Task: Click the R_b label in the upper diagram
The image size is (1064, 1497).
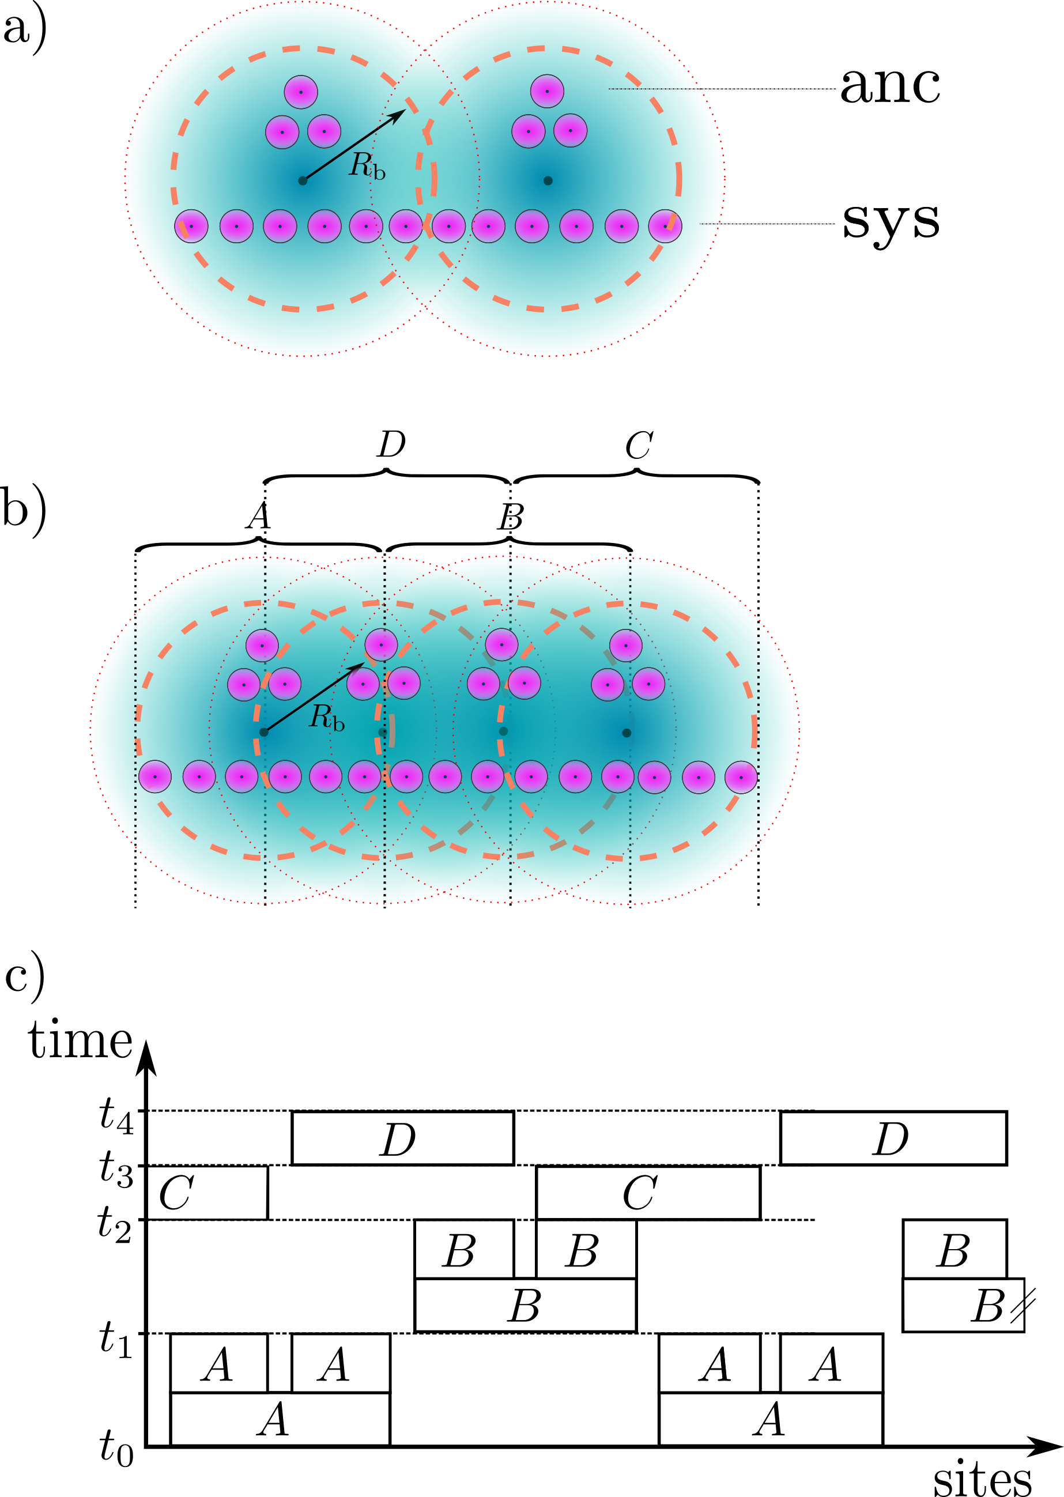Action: (367, 166)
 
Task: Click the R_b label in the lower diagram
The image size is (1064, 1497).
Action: (326, 718)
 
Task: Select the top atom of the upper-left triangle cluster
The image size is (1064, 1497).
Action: (301, 92)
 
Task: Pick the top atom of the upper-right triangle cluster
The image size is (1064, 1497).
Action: (547, 91)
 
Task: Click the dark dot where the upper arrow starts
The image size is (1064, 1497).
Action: (303, 181)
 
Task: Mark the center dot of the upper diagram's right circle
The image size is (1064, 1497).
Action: (548, 181)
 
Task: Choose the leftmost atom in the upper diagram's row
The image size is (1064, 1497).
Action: (191, 226)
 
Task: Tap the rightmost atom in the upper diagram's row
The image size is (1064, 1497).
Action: (665, 226)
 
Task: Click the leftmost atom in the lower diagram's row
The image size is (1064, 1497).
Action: (154, 777)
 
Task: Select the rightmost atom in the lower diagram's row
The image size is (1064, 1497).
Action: (741, 778)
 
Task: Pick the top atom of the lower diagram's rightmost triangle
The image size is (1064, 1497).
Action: (626, 645)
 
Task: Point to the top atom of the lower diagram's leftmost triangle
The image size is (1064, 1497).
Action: (262, 645)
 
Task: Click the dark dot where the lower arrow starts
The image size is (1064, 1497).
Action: (263, 732)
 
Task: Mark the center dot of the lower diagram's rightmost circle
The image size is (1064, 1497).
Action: (627, 733)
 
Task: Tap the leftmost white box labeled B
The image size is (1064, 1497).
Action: (464, 1249)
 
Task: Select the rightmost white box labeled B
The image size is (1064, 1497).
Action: (954, 1249)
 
